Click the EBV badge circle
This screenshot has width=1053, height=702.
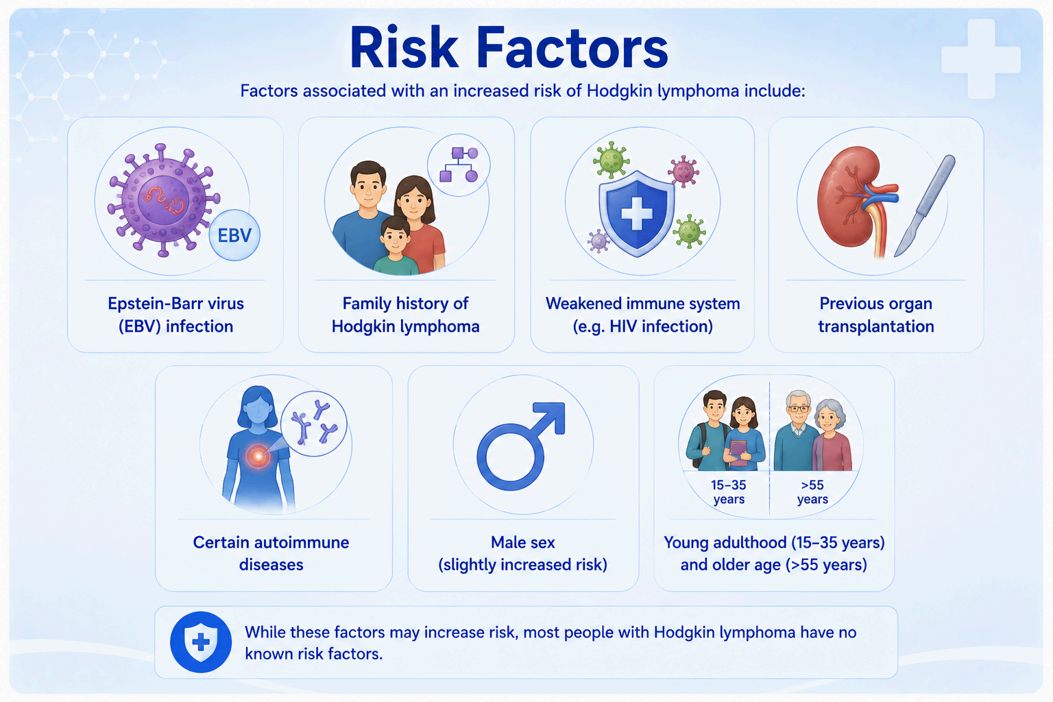(234, 235)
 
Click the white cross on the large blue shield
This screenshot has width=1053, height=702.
(636, 214)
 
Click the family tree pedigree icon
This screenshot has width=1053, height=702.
(459, 165)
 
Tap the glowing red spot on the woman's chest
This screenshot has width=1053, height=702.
(258, 455)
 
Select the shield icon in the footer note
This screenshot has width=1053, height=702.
(201, 642)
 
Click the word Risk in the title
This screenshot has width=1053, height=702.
(404, 48)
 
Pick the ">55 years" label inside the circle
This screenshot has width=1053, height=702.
(812, 492)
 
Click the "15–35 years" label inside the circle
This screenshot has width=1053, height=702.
(729, 492)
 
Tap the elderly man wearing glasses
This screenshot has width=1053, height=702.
(797, 431)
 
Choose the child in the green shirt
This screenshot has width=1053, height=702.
(396, 246)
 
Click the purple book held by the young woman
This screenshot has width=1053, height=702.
(738, 452)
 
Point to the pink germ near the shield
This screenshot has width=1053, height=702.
(683, 171)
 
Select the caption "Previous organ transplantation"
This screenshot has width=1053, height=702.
(875, 315)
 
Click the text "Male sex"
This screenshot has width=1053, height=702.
(523, 542)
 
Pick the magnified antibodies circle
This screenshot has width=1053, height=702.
(313, 424)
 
